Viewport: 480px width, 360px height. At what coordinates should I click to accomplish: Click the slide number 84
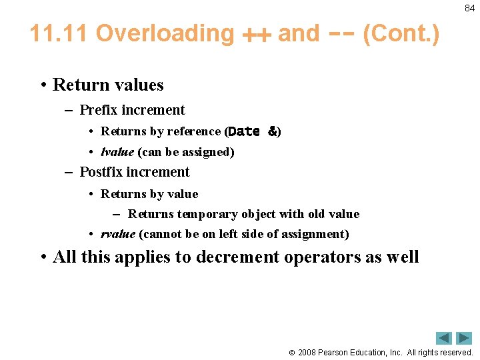[469, 8]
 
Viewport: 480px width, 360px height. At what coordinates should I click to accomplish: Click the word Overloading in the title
[165, 33]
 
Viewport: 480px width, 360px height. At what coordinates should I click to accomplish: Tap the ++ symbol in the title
[256, 35]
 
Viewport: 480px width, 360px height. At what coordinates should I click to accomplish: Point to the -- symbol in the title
[340, 34]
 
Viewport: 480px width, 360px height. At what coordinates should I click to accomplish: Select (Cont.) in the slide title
[401, 33]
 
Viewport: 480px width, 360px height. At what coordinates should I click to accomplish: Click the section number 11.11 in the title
[59, 33]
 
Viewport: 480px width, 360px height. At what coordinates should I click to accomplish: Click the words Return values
[108, 85]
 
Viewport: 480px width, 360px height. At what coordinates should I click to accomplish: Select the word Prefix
[99, 110]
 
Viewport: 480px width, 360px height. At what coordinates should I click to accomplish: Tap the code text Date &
[253, 132]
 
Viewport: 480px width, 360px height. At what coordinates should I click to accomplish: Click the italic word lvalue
[117, 152]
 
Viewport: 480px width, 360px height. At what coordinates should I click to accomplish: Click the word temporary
[203, 214]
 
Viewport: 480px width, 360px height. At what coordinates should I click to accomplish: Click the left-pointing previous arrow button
[444, 338]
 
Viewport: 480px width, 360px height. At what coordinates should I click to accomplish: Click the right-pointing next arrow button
[464, 338]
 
